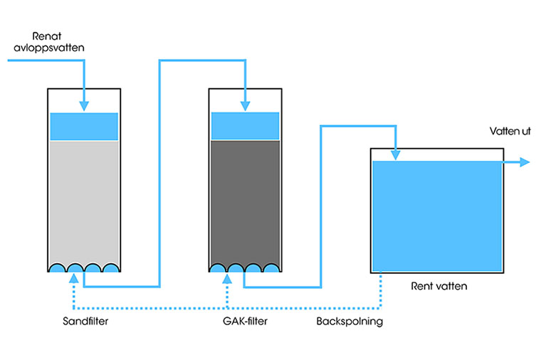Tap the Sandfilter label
point(84,322)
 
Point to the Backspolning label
point(350,322)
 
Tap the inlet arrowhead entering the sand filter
point(84,106)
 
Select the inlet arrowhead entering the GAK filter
point(245,106)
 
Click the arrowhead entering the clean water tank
point(395,154)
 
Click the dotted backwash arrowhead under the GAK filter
point(227,280)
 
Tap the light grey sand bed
point(84,199)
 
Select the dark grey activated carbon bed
point(245,199)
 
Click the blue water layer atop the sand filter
point(84,127)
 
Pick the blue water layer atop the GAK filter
point(245,127)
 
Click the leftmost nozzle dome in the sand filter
point(58,268)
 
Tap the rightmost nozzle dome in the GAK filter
point(270,268)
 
